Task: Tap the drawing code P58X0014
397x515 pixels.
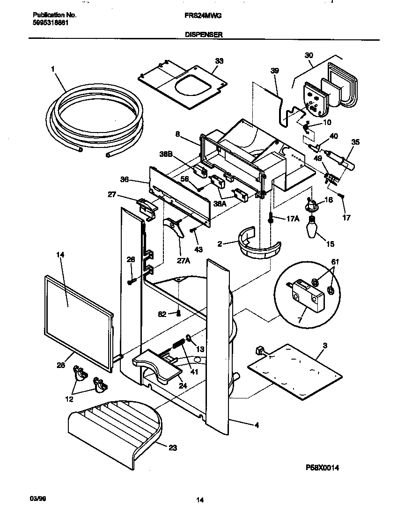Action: (322, 468)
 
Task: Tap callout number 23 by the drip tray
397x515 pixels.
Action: (172, 447)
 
